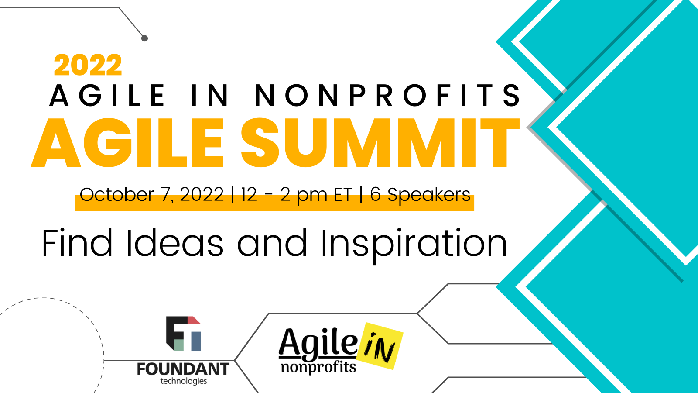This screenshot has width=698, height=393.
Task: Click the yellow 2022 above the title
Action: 88,65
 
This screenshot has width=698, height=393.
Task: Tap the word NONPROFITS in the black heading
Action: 388,95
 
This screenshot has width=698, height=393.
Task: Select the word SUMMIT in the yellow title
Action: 380,143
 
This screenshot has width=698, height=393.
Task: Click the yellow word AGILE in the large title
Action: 127,143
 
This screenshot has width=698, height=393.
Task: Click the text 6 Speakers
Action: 420,195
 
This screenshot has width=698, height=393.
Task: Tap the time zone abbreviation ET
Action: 343,195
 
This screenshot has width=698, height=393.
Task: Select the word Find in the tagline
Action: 77,243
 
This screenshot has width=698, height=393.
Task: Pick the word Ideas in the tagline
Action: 175,243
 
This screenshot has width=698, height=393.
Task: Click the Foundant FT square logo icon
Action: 184,334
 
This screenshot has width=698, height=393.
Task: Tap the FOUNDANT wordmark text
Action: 183,369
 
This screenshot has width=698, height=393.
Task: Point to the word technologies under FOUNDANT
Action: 184,381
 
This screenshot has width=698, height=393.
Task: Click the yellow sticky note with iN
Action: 380,346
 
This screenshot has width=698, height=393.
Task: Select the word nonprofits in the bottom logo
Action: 318,367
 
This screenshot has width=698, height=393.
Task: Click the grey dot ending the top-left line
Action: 144,38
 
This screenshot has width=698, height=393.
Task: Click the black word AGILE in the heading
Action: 107,95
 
